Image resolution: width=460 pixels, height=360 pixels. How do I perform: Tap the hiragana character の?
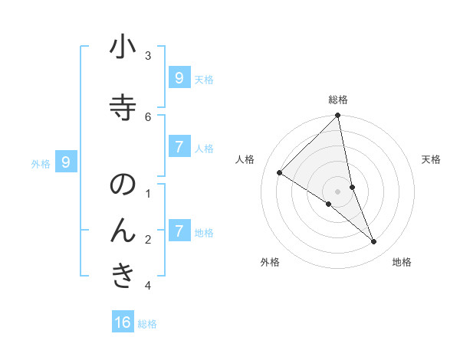click(123, 186)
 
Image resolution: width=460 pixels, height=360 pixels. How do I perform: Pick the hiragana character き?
click(123, 275)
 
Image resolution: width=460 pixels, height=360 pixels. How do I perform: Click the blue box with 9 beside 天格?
click(179, 77)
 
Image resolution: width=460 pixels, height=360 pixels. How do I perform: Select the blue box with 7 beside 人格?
click(179, 146)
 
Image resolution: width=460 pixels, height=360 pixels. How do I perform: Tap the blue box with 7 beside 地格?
click(179, 231)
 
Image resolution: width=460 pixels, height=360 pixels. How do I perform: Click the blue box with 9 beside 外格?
click(66, 162)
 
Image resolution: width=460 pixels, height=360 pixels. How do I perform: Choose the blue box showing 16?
click(123, 322)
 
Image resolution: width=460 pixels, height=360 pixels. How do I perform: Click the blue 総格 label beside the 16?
click(147, 324)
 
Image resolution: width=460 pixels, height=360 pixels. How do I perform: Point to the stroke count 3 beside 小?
click(148, 56)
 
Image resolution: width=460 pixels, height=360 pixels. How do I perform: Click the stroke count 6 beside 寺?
click(148, 116)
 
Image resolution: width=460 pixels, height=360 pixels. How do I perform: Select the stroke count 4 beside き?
click(148, 286)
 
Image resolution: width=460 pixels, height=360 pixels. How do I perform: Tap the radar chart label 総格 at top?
click(338, 100)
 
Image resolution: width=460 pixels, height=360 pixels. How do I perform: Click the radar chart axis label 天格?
click(431, 159)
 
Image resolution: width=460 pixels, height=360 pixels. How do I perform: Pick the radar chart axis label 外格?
click(270, 262)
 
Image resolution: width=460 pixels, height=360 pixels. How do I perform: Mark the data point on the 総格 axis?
click(338, 116)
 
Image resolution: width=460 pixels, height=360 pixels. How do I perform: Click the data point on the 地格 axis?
click(374, 241)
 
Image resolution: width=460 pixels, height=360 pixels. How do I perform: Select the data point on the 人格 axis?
click(280, 172)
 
